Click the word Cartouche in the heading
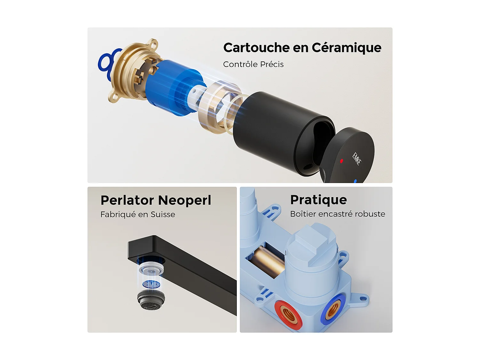pyautogui.click(x=256, y=48)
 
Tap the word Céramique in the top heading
pyautogui.click(x=346, y=48)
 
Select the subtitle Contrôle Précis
pyautogui.click(x=253, y=64)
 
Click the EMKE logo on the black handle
pyautogui.click(x=356, y=158)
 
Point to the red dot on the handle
pyautogui.click(x=341, y=161)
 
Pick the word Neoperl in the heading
pyautogui.click(x=185, y=200)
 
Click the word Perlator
pyautogui.click(x=127, y=200)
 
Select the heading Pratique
pyautogui.click(x=318, y=200)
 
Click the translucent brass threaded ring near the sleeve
pyautogui.click(x=218, y=107)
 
